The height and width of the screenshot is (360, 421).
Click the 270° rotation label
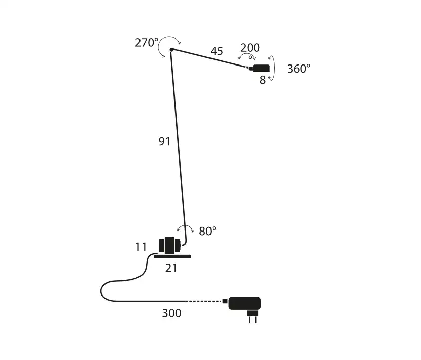(x=147, y=43)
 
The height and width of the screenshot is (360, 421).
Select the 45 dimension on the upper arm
(x=217, y=51)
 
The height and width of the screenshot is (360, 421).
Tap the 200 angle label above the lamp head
(x=250, y=48)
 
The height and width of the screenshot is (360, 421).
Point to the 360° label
(x=299, y=69)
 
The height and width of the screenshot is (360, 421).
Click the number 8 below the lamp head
(x=263, y=80)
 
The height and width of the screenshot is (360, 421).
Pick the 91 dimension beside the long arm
(x=164, y=141)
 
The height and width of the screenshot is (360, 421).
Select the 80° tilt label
(x=207, y=231)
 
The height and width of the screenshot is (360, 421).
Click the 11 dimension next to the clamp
(x=141, y=247)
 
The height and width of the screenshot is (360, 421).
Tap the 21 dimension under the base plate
(x=171, y=268)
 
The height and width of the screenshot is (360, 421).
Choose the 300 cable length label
(x=171, y=313)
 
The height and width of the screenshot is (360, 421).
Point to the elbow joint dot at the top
(x=171, y=50)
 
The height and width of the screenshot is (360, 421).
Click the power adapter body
(x=244, y=303)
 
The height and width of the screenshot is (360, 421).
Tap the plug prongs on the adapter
(x=253, y=319)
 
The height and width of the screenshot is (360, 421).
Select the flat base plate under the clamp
(x=172, y=256)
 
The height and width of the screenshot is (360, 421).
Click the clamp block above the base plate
(x=170, y=245)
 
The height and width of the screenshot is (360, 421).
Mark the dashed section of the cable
(x=204, y=301)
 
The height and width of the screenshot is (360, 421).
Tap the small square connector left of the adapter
(x=225, y=301)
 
